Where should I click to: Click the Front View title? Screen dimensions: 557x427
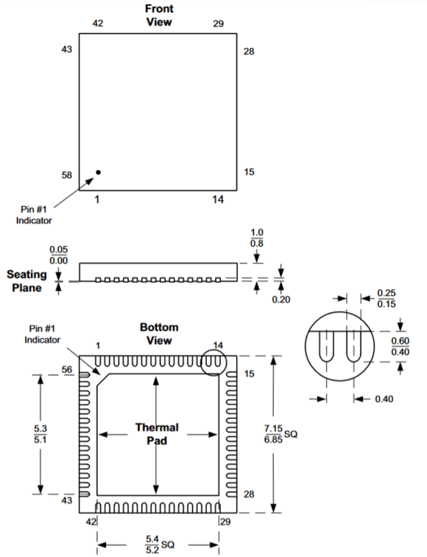point(158,15)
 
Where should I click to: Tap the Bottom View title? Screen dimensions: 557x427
point(158,333)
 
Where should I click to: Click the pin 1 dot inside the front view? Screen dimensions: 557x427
point(98,172)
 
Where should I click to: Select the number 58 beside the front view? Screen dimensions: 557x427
point(66,175)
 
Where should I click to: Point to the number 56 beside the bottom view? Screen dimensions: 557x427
point(66,370)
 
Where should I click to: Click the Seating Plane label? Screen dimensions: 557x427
point(27,280)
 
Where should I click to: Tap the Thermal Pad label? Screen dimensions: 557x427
point(156,433)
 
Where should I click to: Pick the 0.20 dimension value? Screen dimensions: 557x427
point(280,299)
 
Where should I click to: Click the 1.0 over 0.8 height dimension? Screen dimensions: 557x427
point(256,238)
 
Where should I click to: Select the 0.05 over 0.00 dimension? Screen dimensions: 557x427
point(58,255)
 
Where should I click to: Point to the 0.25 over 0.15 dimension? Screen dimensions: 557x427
point(385,298)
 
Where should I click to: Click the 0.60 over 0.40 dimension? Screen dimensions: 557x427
point(400,347)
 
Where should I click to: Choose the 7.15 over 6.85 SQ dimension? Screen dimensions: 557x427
point(278,434)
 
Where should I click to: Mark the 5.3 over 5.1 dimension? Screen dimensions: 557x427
point(40,434)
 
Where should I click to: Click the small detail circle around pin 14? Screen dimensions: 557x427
point(213,362)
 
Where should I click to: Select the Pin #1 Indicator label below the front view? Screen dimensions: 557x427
point(35,214)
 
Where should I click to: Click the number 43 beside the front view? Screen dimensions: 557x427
point(66,49)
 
